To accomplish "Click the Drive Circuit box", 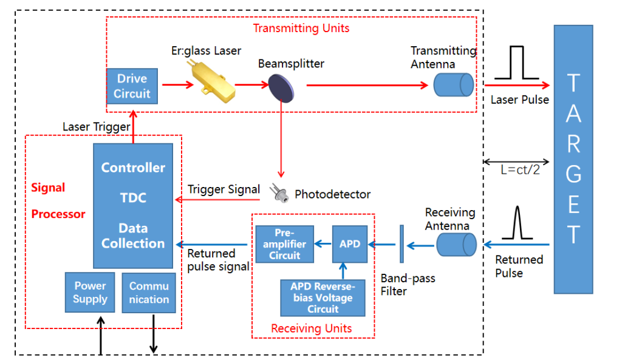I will tap(132, 86).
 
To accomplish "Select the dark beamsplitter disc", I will tap(281, 86).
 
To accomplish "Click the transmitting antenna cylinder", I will tap(453, 85).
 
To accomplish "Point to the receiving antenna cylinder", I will tap(456, 245).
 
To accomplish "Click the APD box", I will tap(350, 244).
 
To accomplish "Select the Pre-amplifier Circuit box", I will tap(284, 244).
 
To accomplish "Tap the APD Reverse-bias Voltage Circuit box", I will tap(323, 297).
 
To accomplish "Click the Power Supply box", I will tap(90, 293).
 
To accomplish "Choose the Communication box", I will tap(149, 293).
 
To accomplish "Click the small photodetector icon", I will tap(280, 192).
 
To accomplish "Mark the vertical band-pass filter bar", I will tap(401, 245).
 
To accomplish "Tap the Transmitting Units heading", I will tap(301, 28).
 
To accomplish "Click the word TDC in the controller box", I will tap(132, 198).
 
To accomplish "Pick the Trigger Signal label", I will tap(224, 189).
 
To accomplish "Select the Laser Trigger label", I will tap(96, 127).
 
